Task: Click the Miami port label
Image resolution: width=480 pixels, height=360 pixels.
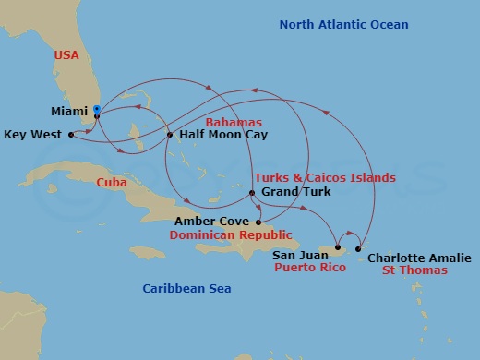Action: pos(71,111)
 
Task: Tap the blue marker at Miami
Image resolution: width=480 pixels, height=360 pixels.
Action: pos(97,110)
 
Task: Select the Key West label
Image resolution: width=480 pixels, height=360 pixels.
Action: pos(33,135)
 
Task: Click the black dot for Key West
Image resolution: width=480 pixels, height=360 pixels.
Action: pos(70,135)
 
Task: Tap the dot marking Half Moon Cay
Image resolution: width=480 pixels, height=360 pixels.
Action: pos(170,135)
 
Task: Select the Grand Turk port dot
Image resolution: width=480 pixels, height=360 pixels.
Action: pos(252,192)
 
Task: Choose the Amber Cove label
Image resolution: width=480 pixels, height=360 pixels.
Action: pos(213,222)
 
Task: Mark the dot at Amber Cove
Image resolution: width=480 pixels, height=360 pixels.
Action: pos(258,222)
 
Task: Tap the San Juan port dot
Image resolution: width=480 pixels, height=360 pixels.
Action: pos(338,247)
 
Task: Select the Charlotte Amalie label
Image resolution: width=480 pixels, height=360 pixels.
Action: pos(418,258)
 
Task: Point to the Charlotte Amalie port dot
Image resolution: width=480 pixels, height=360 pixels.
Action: pos(358,248)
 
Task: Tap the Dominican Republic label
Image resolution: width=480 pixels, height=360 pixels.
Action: pos(237,235)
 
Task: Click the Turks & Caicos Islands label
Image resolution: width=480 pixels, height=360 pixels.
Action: pos(324,177)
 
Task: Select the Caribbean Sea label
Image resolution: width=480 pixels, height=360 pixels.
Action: pos(186,289)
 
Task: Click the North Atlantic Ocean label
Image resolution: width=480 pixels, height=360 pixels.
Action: pos(342,23)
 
